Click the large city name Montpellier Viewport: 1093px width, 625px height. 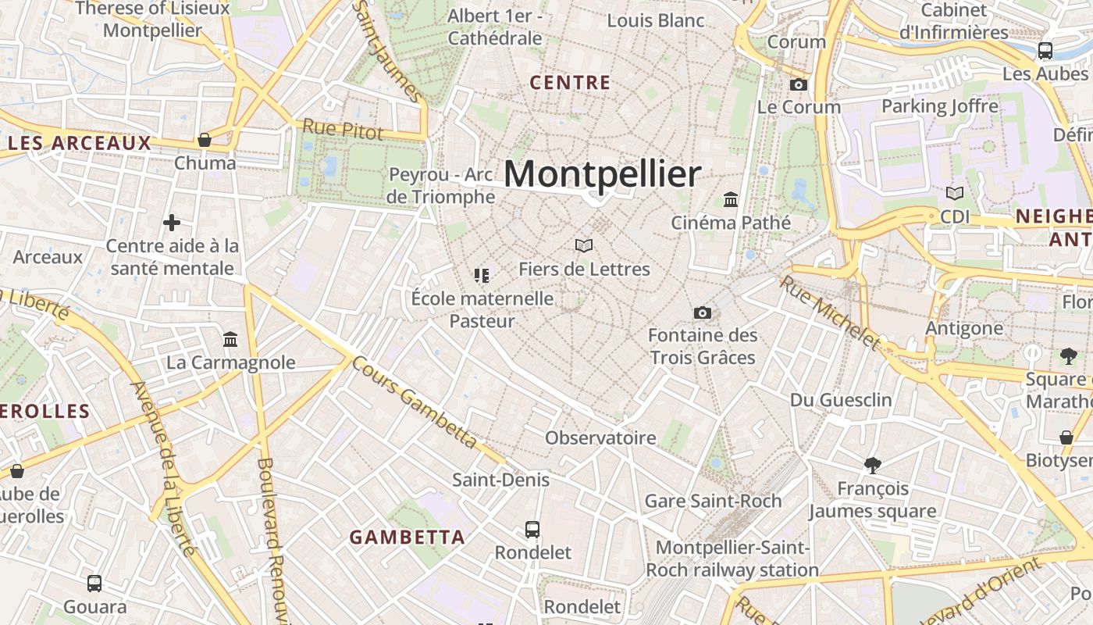pos(602,174)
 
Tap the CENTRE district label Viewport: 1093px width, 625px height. pos(570,83)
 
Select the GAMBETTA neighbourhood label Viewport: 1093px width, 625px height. pos(407,537)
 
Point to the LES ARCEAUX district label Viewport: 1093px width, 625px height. pos(80,143)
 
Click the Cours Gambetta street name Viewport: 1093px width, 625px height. pos(414,402)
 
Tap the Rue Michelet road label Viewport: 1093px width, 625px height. pos(830,312)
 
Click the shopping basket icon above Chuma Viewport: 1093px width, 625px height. pos(205,140)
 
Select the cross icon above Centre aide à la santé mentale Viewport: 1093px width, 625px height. pos(172,223)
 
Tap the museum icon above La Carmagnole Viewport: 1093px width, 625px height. pos(230,340)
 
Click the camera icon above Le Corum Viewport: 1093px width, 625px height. pos(799,84)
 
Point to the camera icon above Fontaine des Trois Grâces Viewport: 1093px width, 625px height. pos(703,312)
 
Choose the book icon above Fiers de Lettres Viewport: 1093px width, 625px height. pos(584,246)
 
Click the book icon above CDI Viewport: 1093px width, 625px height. pos(954,193)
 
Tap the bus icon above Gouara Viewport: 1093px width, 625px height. pos(94,584)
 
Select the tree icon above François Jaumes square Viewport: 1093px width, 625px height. pos(873,466)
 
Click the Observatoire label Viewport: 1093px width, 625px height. pos(600,437)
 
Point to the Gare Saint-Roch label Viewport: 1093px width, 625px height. pos(713,501)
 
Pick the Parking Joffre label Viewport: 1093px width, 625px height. pos(940,106)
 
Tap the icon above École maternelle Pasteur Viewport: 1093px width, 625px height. pos(482,275)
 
